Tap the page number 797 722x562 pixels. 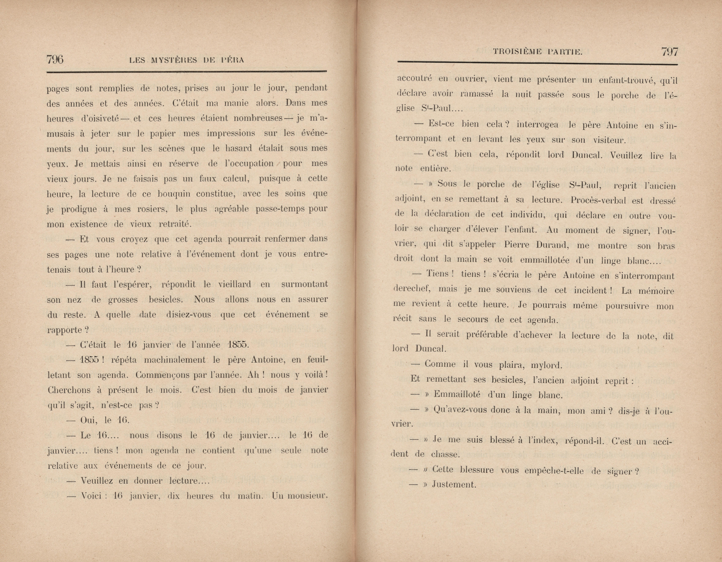(x=669, y=52)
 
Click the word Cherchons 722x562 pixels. (x=69, y=390)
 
